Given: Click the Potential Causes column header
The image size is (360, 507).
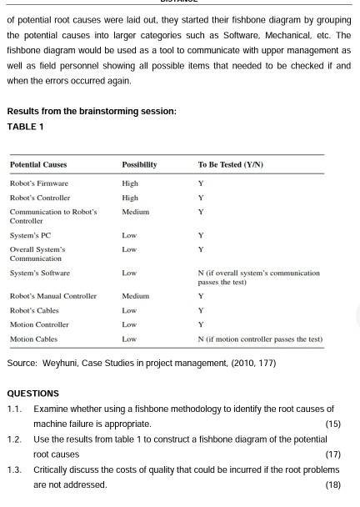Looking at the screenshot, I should pos(38,165).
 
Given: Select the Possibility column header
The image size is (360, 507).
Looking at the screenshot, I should pos(139,165).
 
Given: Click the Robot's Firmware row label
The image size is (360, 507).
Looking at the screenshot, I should pos(39,183).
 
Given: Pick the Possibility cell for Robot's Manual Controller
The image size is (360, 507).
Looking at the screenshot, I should pos(135,296).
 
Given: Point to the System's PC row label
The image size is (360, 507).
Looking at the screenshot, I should pos(31,235).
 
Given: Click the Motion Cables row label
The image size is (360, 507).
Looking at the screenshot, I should pos(33,339).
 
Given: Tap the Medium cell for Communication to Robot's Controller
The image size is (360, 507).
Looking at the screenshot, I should pos(135,212).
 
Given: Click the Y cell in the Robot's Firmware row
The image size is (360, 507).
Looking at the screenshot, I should pos(201,183).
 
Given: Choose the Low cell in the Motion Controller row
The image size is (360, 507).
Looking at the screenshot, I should pos(129,324).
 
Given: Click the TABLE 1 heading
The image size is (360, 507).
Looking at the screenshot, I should pos(25,127).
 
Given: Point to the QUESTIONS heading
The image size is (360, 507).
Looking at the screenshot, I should pos(32,394).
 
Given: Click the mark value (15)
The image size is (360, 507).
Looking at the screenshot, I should pos(332,424).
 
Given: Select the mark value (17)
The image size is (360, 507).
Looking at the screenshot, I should pos(332,454).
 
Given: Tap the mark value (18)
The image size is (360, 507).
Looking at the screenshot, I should pos(332,484).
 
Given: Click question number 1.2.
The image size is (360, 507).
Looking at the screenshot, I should pos(13,439).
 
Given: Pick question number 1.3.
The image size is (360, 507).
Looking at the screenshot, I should pos(13,469).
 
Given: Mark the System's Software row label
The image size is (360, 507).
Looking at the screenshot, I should pos(39,274).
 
